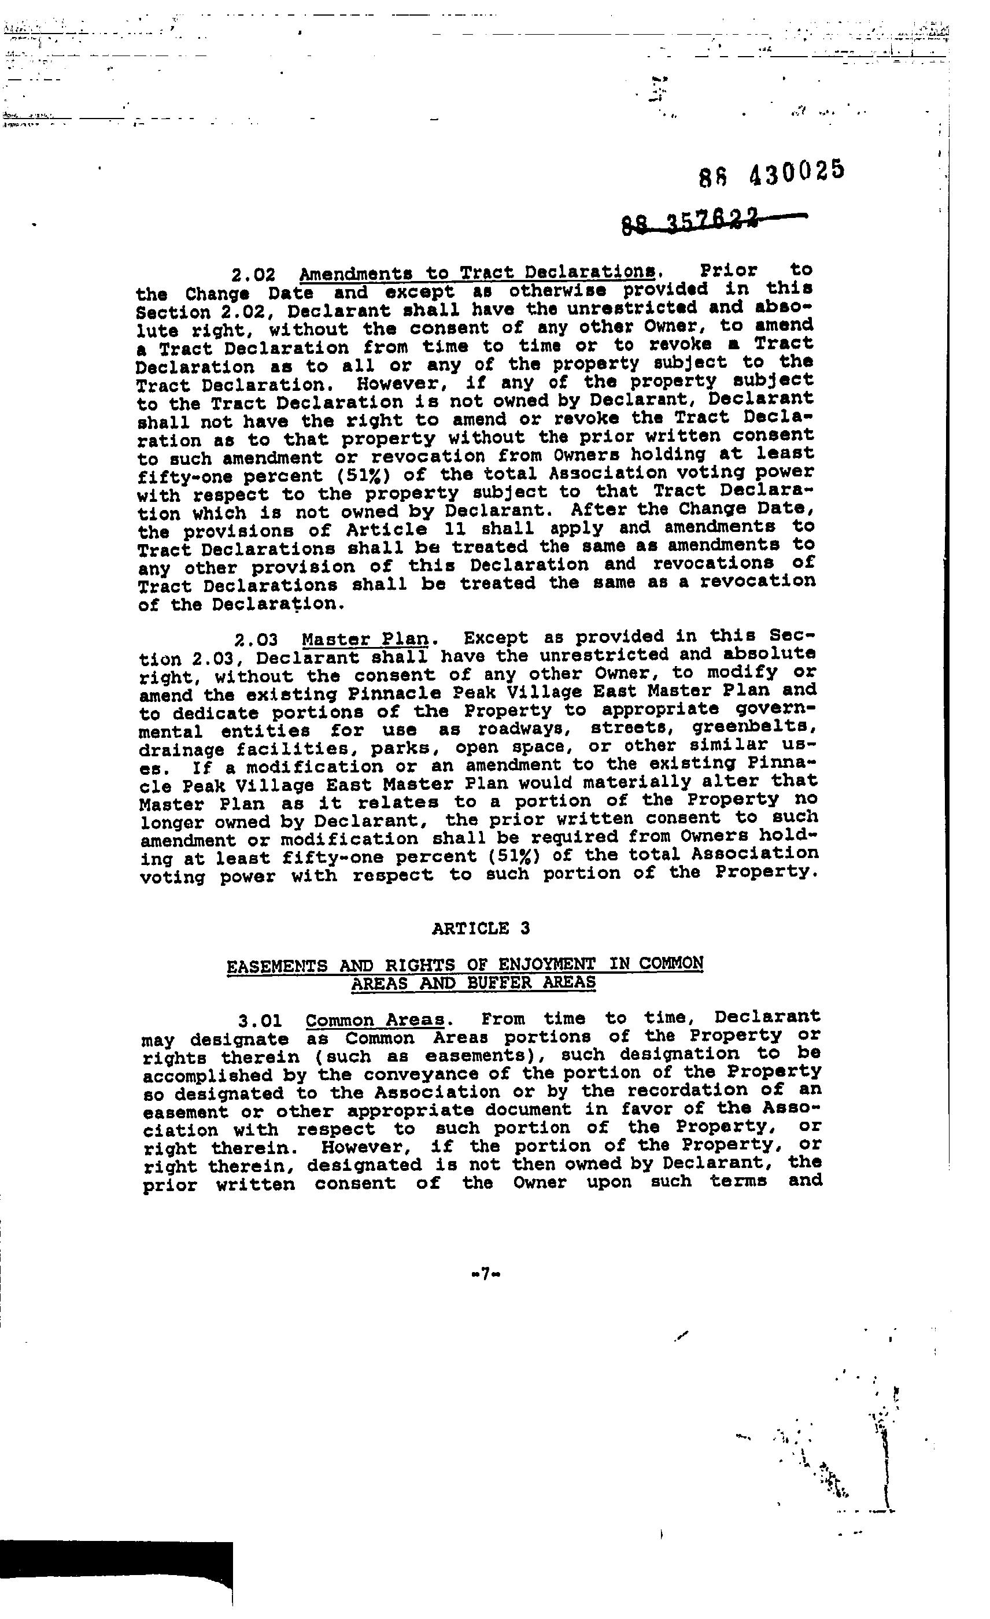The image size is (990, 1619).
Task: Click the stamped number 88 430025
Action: click(x=771, y=173)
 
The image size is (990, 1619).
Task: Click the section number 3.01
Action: click(x=260, y=1021)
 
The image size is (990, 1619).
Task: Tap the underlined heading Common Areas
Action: click(x=375, y=1020)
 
